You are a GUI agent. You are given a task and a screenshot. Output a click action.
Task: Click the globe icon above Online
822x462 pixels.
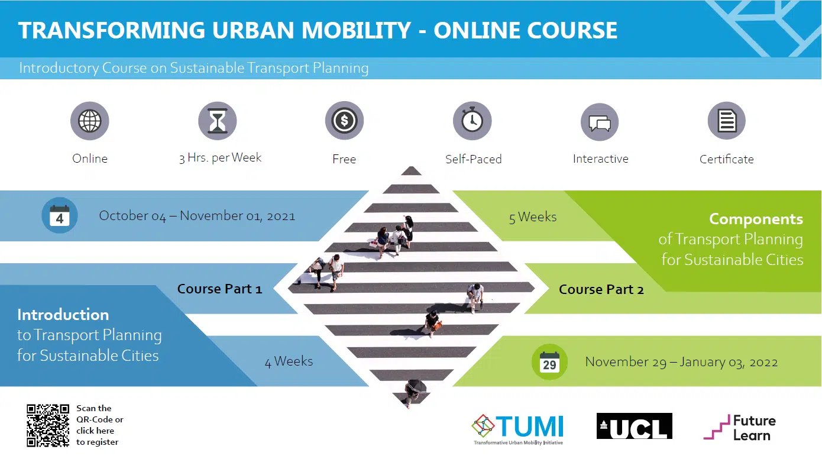[x=89, y=121]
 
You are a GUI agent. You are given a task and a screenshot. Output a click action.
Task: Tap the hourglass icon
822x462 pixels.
[x=217, y=121]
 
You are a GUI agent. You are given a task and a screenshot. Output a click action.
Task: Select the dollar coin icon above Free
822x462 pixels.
[x=344, y=120]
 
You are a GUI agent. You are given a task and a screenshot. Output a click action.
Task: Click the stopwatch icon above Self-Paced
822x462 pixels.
[x=473, y=121]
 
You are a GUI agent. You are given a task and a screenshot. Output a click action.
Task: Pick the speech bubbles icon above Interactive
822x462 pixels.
[x=600, y=122]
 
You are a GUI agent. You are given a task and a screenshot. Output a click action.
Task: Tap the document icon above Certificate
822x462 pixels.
[x=727, y=121]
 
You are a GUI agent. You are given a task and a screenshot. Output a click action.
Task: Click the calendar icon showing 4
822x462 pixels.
[x=60, y=215]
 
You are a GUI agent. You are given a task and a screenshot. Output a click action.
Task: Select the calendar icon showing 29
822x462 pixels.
[x=549, y=362]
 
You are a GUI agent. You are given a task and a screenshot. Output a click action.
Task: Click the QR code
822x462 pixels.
[x=48, y=426]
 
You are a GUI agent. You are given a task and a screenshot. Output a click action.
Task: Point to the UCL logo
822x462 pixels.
[x=635, y=426]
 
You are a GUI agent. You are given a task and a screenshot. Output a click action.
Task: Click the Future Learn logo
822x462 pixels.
[x=739, y=427]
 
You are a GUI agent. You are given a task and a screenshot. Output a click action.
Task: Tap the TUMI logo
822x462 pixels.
[x=517, y=429]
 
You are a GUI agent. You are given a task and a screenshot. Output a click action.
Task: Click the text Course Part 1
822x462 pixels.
[x=219, y=289]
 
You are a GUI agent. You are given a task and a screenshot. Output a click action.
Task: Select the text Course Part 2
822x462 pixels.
[x=601, y=289]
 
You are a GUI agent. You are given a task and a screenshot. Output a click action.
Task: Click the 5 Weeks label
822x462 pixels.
[x=532, y=217]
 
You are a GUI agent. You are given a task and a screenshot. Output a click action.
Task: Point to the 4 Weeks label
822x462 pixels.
[x=289, y=361]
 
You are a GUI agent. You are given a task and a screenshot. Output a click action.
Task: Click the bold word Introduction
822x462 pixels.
[x=63, y=315]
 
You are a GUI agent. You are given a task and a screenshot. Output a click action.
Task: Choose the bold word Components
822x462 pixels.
[x=756, y=219]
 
